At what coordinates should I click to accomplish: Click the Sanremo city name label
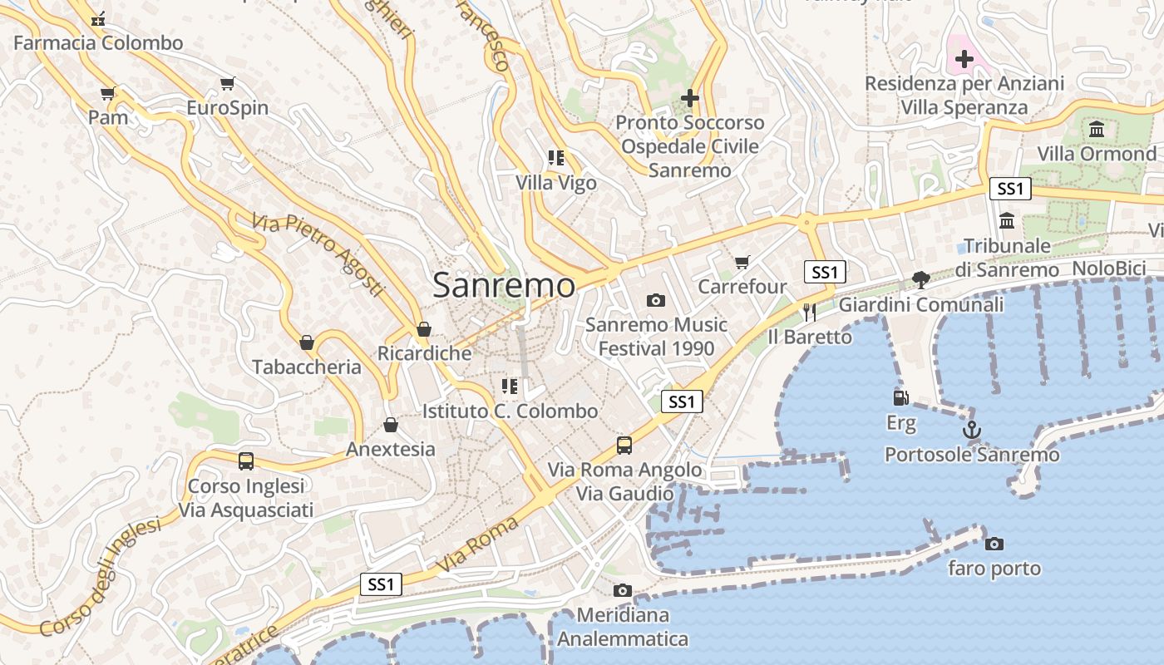click(x=504, y=285)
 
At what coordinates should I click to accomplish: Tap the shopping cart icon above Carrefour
click(x=742, y=262)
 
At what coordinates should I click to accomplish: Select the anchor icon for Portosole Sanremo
click(x=971, y=430)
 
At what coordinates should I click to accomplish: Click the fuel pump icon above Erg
click(x=900, y=398)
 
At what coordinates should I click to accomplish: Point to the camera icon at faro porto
click(x=994, y=544)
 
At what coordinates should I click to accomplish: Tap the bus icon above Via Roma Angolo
click(x=624, y=446)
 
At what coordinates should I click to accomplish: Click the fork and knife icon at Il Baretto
click(x=810, y=312)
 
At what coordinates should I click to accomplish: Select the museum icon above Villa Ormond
click(x=1097, y=129)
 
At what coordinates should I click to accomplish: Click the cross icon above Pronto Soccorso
click(x=689, y=98)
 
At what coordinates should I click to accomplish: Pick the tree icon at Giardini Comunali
click(x=920, y=279)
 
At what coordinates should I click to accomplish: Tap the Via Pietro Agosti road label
click(x=319, y=254)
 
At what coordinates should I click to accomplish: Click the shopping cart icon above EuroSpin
click(x=227, y=83)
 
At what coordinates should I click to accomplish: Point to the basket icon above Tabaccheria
click(x=307, y=342)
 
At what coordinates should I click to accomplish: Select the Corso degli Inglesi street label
click(x=100, y=578)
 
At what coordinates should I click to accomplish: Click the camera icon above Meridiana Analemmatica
click(x=622, y=590)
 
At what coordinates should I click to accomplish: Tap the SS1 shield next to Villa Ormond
click(x=1010, y=189)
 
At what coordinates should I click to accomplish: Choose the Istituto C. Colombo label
click(x=510, y=411)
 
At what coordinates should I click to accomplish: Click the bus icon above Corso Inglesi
click(x=245, y=461)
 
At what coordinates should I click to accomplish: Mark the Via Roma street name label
click(x=478, y=544)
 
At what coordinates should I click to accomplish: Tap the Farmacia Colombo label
click(x=98, y=42)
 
